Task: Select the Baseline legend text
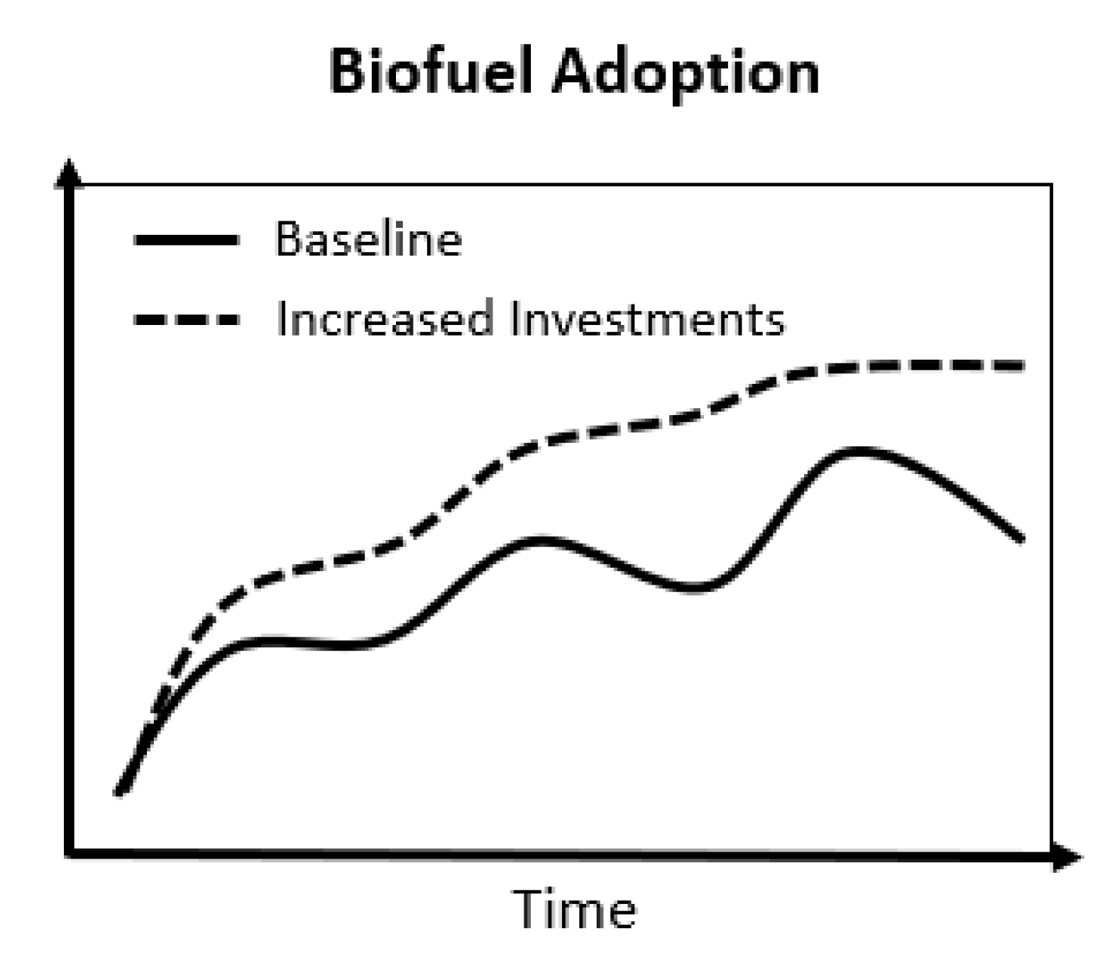click(x=368, y=239)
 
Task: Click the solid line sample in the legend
click(x=186, y=241)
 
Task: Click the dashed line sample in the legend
click(x=186, y=319)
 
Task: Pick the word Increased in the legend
click(x=384, y=319)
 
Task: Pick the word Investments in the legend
click(x=647, y=319)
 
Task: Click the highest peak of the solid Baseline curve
click(x=859, y=450)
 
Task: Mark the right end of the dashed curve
click(x=1022, y=366)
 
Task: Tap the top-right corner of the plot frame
click(x=1051, y=185)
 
